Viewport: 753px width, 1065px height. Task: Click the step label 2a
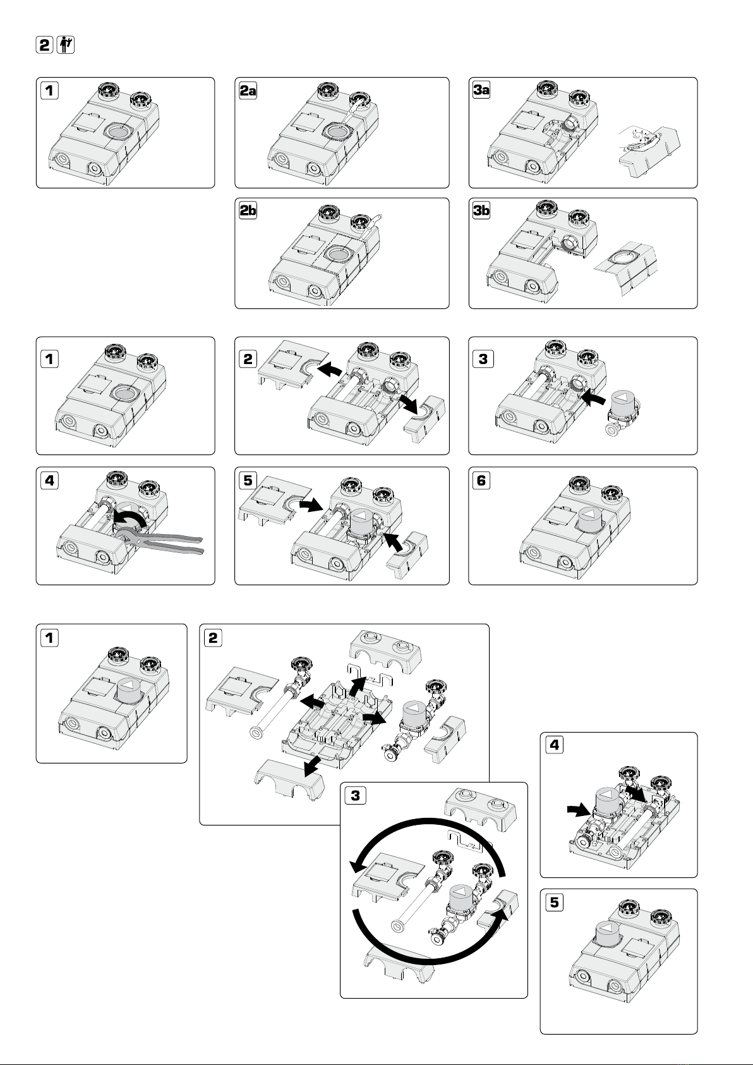click(248, 90)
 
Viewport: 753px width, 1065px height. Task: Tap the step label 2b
click(248, 210)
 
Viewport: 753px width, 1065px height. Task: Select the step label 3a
click(481, 90)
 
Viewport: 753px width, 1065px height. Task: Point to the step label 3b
click(481, 210)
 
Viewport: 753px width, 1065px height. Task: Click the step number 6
click(481, 480)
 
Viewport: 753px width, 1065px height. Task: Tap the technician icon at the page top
click(66, 45)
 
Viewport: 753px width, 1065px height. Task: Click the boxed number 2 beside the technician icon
click(44, 45)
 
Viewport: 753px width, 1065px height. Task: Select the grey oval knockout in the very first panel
click(121, 131)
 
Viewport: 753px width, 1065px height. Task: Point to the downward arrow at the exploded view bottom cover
click(313, 766)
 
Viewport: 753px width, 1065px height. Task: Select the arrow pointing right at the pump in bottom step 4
click(579, 810)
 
